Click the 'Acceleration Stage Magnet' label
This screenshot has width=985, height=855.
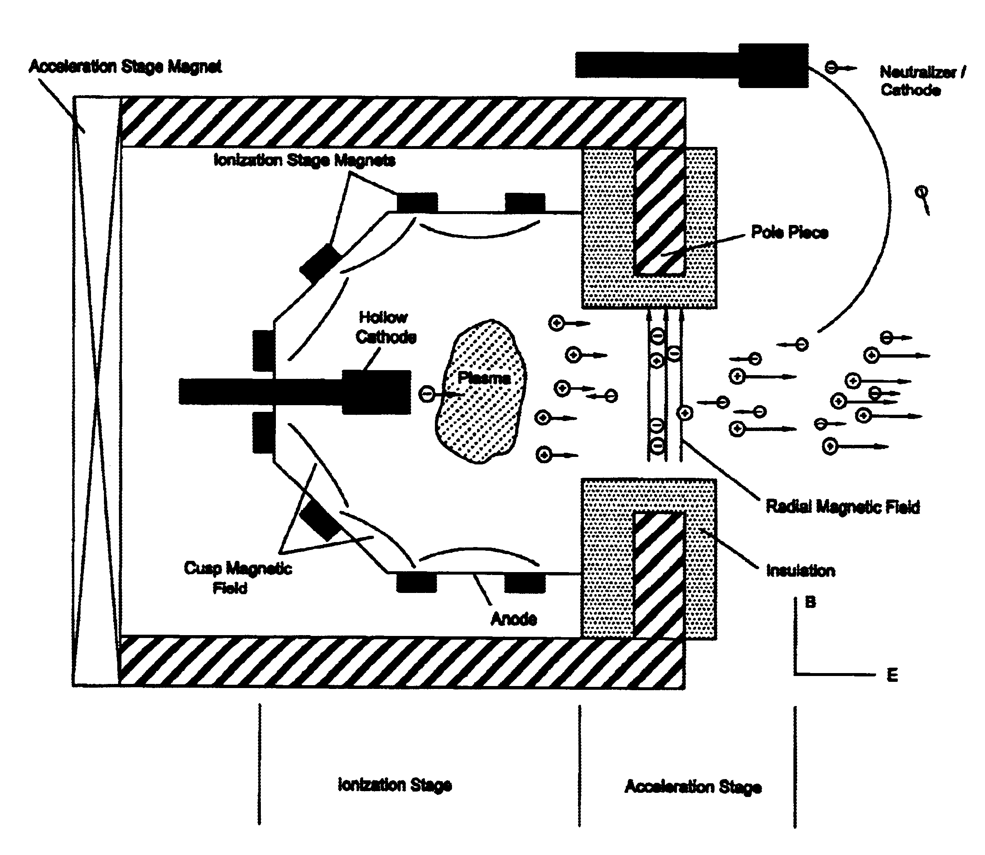point(126,66)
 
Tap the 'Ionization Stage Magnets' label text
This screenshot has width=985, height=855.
point(304,160)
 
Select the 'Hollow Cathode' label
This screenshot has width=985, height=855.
point(386,327)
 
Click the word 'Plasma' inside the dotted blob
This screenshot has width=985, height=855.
point(484,378)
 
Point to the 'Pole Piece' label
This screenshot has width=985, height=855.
point(789,232)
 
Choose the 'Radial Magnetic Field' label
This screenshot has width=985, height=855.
point(843,506)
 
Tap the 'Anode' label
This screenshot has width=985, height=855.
point(514,619)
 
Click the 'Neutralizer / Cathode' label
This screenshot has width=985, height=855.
point(922,81)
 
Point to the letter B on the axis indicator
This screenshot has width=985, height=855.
point(811,602)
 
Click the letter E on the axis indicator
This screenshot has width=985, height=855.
point(892,675)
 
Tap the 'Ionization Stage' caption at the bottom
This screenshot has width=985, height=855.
point(395,785)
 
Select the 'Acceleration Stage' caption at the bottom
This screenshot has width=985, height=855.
point(693,787)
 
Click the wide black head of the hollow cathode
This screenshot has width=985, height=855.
point(376,392)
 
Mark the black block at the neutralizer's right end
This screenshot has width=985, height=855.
point(773,66)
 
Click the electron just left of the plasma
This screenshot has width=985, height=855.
point(427,394)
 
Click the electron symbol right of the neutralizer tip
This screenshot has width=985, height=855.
point(831,68)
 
